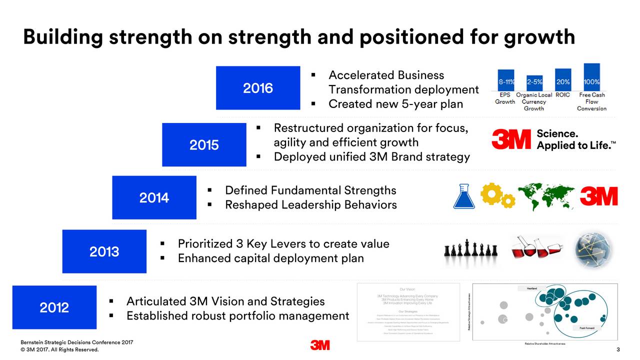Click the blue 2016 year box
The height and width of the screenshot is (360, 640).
click(x=258, y=88)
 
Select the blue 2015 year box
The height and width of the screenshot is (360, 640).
click(x=204, y=144)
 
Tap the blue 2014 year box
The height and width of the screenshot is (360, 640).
click(x=154, y=197)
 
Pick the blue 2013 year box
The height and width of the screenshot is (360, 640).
click(x=104, y=251)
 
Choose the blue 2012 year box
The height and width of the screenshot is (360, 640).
click(x=54, y=307)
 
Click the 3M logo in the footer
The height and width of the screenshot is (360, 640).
click(x=319, y=345)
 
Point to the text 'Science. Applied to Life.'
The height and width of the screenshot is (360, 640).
click(x=575, y=139)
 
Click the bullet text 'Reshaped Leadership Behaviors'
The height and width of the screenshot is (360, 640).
click(x=310, y=205)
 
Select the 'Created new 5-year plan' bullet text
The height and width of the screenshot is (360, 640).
click(x=395, y=104)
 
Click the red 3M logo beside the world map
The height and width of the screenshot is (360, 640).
click(x=598, y=196)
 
